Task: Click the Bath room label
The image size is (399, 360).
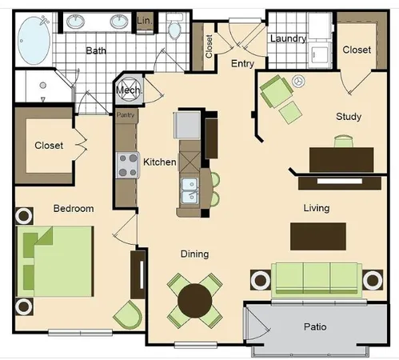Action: point(96,51)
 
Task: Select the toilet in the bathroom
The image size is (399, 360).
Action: point(175,26)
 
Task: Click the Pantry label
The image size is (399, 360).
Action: point(126,115)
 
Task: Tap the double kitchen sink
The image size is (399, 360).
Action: point(190,189)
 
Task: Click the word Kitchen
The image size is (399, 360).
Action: point(159,162)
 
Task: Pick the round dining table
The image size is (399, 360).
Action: point(194,300)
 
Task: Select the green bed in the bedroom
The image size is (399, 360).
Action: point(54,259)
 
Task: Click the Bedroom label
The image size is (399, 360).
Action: point(74,209)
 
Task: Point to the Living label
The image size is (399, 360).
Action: point(316,209)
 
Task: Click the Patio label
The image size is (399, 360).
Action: point(314,327)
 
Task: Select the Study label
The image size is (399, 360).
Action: point(348,117)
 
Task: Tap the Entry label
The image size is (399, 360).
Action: point(242,63)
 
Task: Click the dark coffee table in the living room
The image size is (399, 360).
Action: point(317,236)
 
